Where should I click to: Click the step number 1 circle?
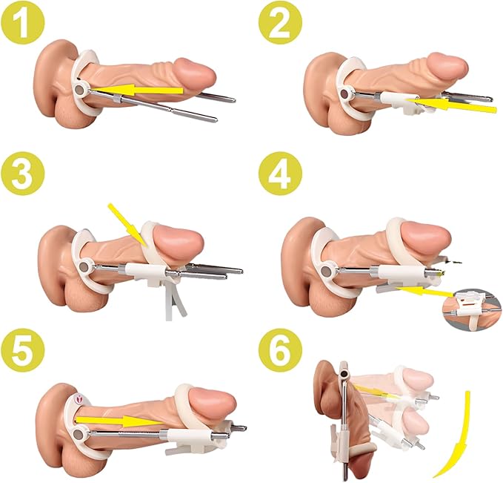[23, 22]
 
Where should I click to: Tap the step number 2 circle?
[280, 22]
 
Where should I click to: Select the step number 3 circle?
[23, 174]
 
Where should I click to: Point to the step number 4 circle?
[280, 174]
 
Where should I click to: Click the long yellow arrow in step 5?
[120, 421]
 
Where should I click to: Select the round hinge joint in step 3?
[84, 267]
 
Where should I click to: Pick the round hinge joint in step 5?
[79, 435]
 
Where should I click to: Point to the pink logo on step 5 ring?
[79, 399]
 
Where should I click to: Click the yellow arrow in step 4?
[426, 292]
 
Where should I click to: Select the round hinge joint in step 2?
[345, 94]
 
